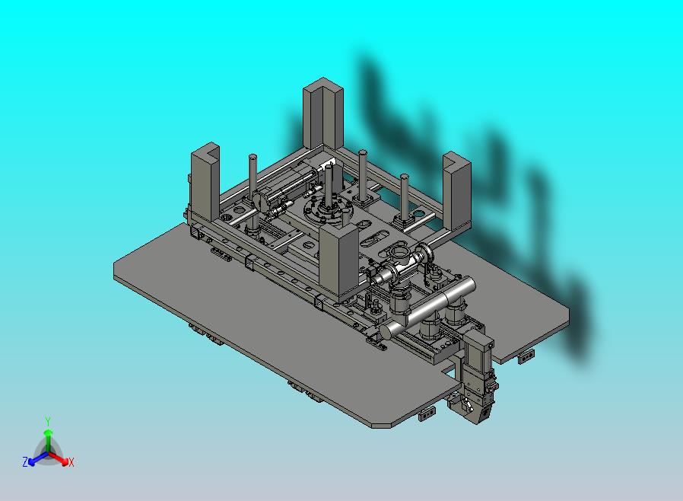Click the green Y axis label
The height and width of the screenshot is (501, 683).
48,421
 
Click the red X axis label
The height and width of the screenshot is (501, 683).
71,462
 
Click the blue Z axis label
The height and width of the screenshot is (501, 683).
25,461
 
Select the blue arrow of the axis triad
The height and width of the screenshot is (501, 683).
38,458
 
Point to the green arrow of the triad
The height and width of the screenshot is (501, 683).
48,442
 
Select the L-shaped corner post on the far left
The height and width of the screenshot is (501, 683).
205,182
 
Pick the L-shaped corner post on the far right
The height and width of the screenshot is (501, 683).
457,190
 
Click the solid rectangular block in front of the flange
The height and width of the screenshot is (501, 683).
339,263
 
